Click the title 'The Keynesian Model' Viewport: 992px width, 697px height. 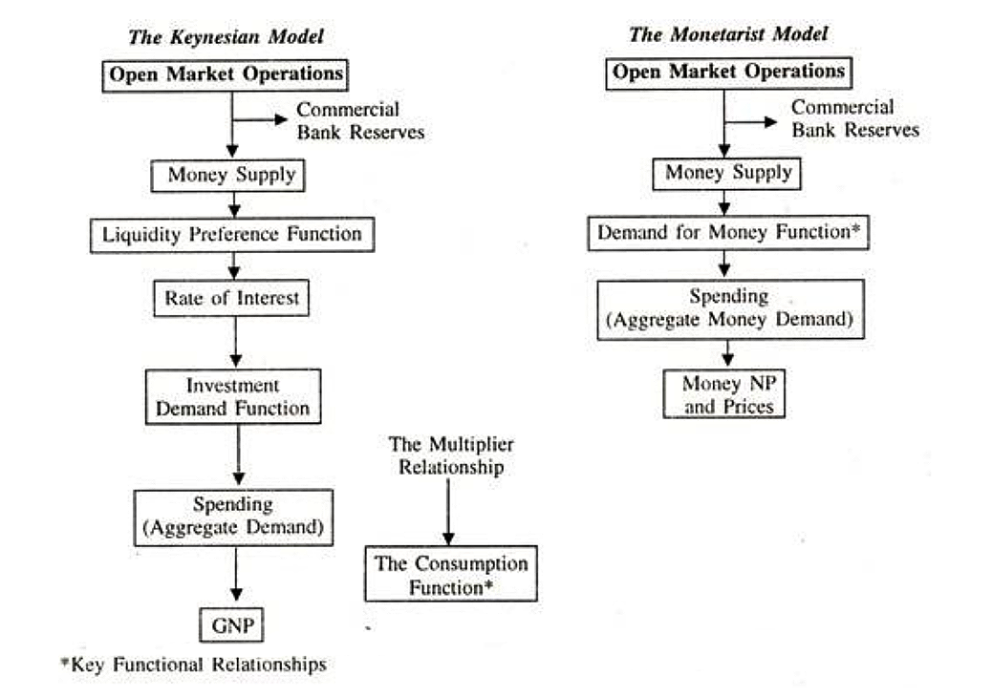click(226, 36)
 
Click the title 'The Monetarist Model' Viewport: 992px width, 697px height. click(728, 34)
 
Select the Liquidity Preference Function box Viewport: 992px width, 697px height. click(232, 235)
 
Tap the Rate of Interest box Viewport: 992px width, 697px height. click(231, 298)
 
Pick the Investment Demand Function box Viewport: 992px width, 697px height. click(233, 397)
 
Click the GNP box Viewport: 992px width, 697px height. click(231, 625)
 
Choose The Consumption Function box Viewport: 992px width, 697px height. click(451, 574)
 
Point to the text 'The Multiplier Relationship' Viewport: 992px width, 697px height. click(451, 455)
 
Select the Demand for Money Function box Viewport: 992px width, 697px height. click(728, 233)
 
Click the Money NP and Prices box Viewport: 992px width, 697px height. click(724, 393)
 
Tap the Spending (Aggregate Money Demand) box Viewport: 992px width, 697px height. click(731, 309)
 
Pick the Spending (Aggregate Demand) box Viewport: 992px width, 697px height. click(233, 517)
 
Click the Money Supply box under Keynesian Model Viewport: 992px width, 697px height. click(227, 176)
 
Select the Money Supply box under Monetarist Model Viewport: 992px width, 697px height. click(727, 174)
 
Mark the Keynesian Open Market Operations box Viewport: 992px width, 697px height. click(226, 75)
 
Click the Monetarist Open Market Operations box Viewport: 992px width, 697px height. click(729, 74)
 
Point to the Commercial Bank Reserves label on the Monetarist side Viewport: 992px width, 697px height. click(855, 118)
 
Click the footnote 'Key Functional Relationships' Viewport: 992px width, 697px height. click(194, 665)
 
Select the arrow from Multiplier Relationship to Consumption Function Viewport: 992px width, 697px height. click(448, 512)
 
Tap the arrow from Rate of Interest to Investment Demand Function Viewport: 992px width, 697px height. click(235, 342)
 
